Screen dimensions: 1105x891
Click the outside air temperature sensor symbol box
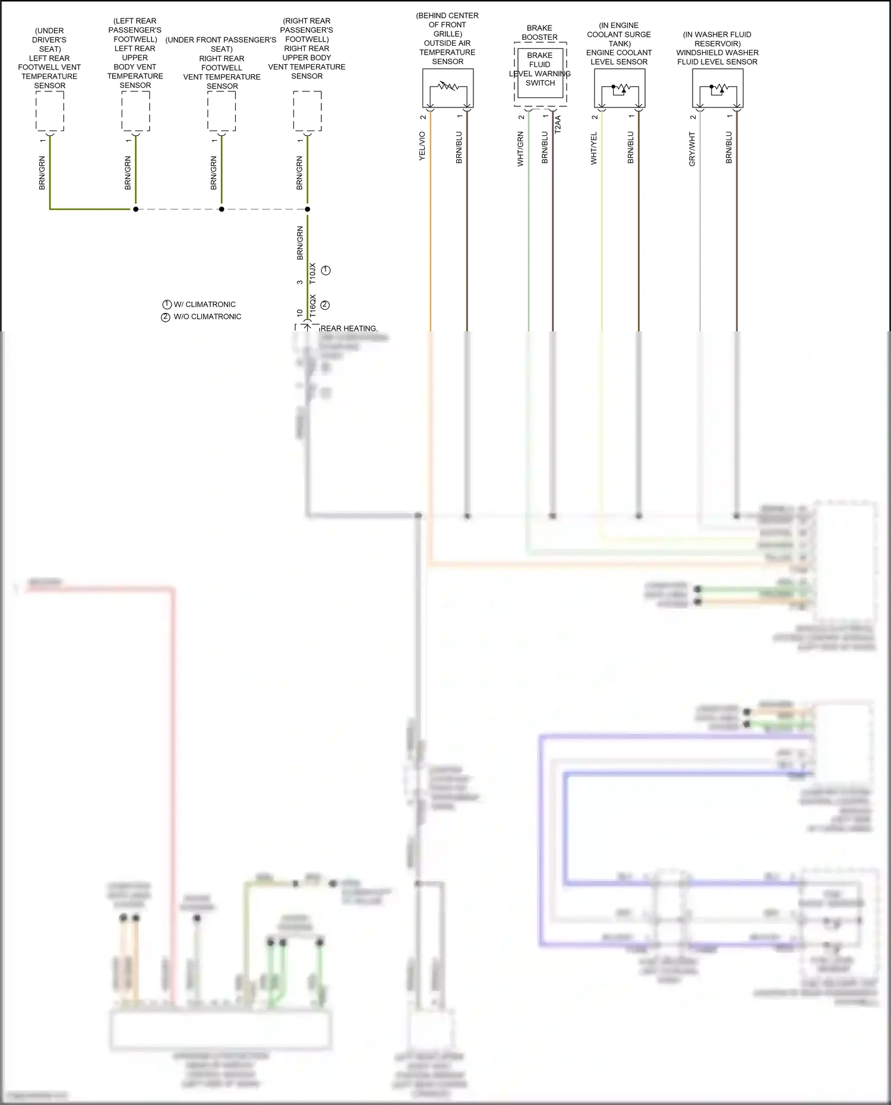point(448,88)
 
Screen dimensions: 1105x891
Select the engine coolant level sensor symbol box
point(620,88)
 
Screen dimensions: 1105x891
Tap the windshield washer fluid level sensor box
point(718,88)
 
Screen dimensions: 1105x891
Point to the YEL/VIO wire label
point(422,146)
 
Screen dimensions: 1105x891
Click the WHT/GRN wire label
point(520,149)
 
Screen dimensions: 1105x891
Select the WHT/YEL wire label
point(593,148)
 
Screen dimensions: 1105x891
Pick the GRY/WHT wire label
point(692,149)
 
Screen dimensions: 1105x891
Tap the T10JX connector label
point(312,274)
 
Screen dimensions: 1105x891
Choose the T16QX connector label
point(312,305)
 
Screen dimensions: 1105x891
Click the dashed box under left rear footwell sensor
point(50,111)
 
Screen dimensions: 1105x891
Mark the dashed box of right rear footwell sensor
point(222,111)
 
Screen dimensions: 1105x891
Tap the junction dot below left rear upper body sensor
point(135,209)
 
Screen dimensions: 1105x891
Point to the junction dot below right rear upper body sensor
point(307,209)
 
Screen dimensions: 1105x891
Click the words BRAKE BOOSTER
point(539,33)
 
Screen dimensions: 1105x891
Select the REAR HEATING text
point(349,328)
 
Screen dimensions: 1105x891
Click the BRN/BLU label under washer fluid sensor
point(729,147)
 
